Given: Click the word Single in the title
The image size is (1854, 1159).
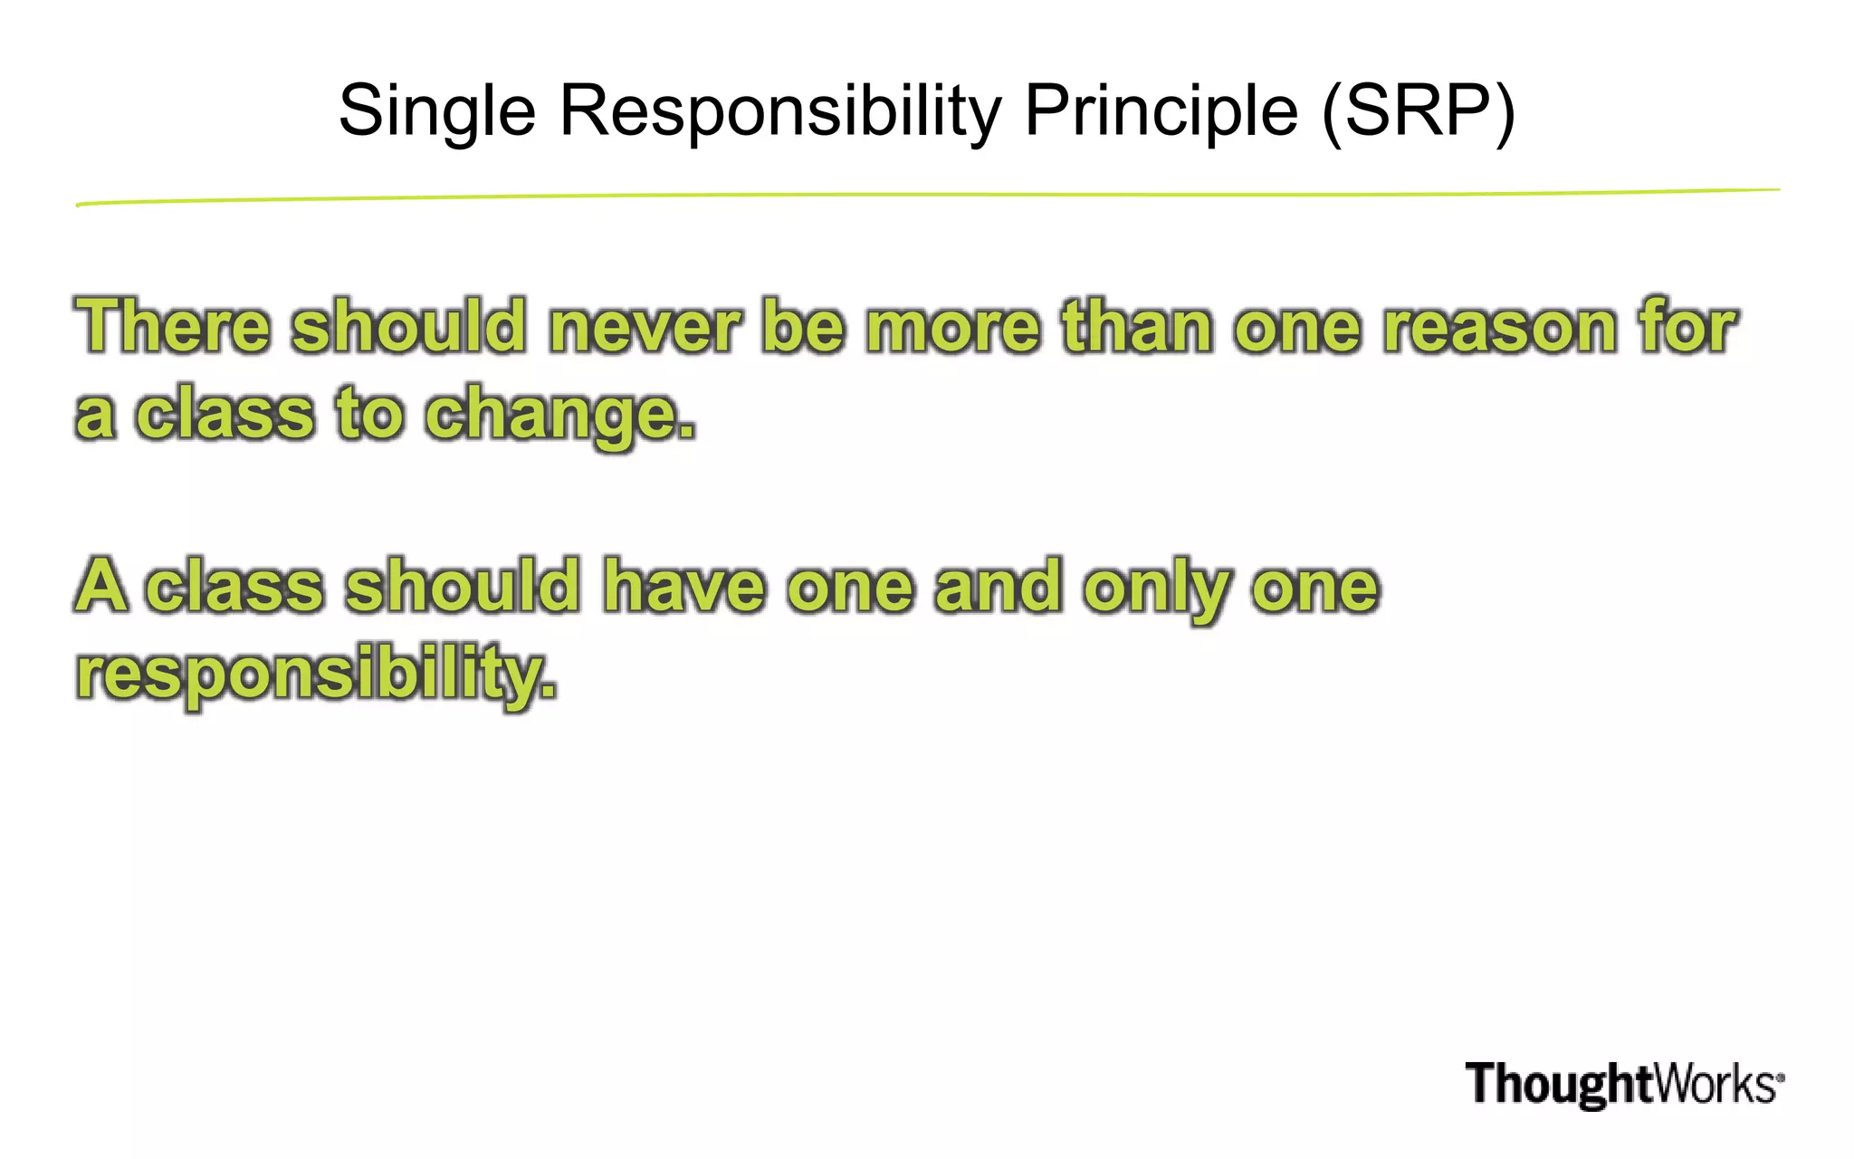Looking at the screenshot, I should tap(437, 111).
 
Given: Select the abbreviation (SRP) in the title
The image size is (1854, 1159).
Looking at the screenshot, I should tap(1418, 111).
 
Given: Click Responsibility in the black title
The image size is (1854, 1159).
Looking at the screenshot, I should tap(780, 111).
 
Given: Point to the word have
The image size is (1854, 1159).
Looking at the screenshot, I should tap(684, 586).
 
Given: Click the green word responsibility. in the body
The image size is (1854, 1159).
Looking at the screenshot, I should tap(316, 674).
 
